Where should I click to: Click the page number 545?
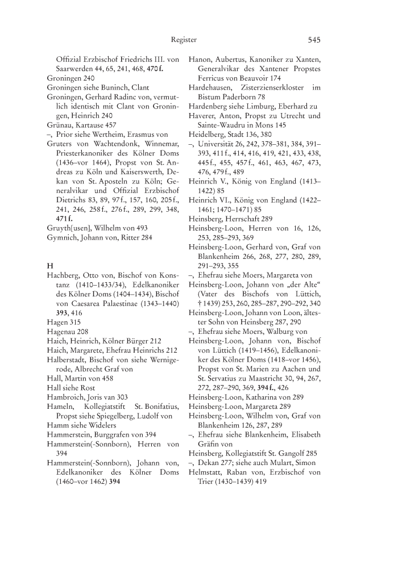click(314, 40)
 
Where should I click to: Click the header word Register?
click(184, 40)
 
